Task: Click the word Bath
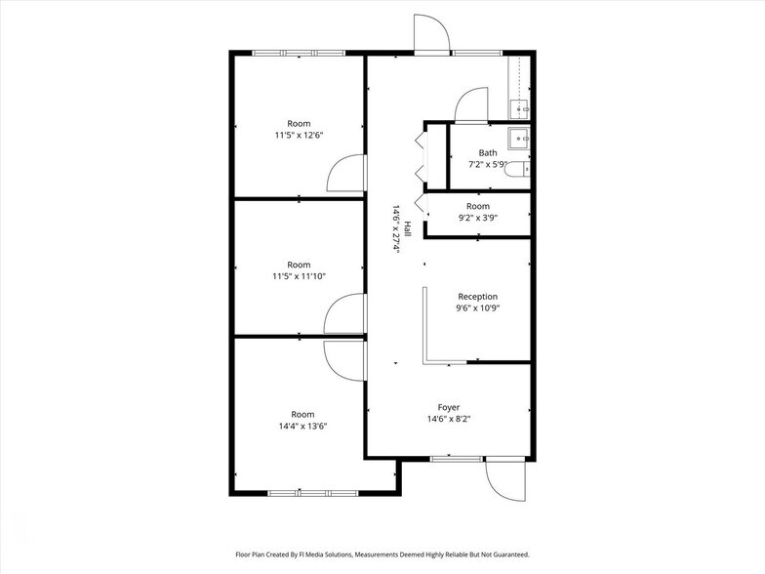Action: pos(488,152)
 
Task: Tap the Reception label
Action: pos(477,297)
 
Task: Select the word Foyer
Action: pos(449,407)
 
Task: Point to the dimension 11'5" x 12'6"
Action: pos(299,136)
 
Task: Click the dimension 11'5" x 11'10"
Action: pos(299,276)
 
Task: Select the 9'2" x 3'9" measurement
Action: pos(478,219)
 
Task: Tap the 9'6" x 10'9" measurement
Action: pos(477,308)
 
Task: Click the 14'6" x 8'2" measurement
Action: pos(449,419)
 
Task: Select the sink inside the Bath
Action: pos(520,139)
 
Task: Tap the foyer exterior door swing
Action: pos(500,478)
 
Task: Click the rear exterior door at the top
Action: pos(430,33)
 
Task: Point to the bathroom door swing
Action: pos(472,103)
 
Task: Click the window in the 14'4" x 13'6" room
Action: pos(299,492)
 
